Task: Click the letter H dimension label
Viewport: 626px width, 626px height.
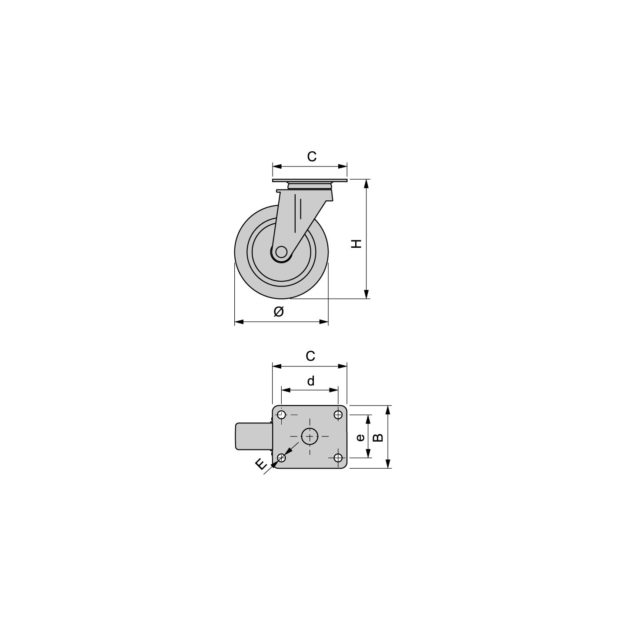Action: point(357,243)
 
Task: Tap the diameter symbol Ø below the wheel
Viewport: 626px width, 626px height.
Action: point(279,311)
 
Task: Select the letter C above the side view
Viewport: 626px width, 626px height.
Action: point(312,156)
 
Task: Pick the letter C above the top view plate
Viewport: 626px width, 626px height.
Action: point(310,356)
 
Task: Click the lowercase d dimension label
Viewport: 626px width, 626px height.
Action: point(311,381)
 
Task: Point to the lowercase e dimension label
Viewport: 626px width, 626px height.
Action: point(360,438)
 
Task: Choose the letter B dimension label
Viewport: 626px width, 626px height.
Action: point(378,438)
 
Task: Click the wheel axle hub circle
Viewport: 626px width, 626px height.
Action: point(281,252)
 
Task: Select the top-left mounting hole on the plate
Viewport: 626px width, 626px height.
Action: point(282,415)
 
